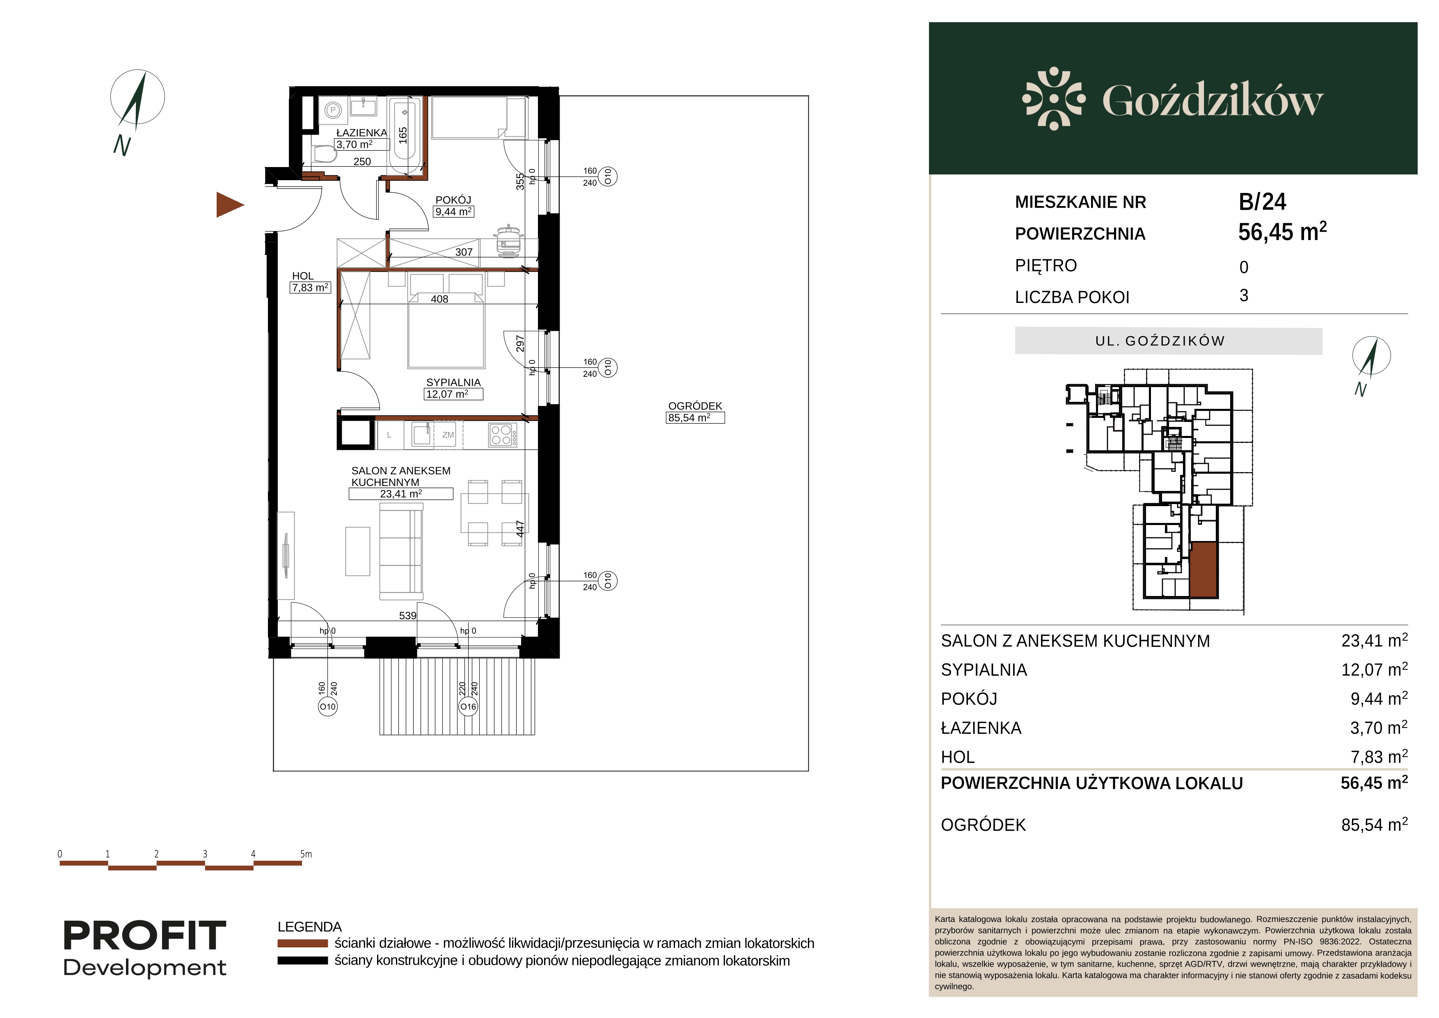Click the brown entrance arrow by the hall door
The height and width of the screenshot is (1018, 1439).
click(x=229, y=204)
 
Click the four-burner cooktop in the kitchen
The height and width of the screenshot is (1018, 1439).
click(x=503, y=435)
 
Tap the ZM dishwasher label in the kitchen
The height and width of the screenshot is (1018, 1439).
click(x=448, y=435)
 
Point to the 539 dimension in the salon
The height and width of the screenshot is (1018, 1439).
click(x=407, y=616)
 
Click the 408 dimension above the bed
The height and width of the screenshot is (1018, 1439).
click(x=439, y=299)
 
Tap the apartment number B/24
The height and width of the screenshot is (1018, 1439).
click(x=1262, y=202)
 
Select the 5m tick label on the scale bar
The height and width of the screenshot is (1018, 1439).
click(x=306, y=854)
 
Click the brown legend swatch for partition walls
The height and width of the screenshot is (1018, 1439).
click(x=303, y=943)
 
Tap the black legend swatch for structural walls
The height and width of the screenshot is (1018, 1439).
click(x=303, y=961)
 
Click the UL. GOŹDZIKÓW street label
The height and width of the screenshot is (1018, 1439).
click(x=1160, y=341)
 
